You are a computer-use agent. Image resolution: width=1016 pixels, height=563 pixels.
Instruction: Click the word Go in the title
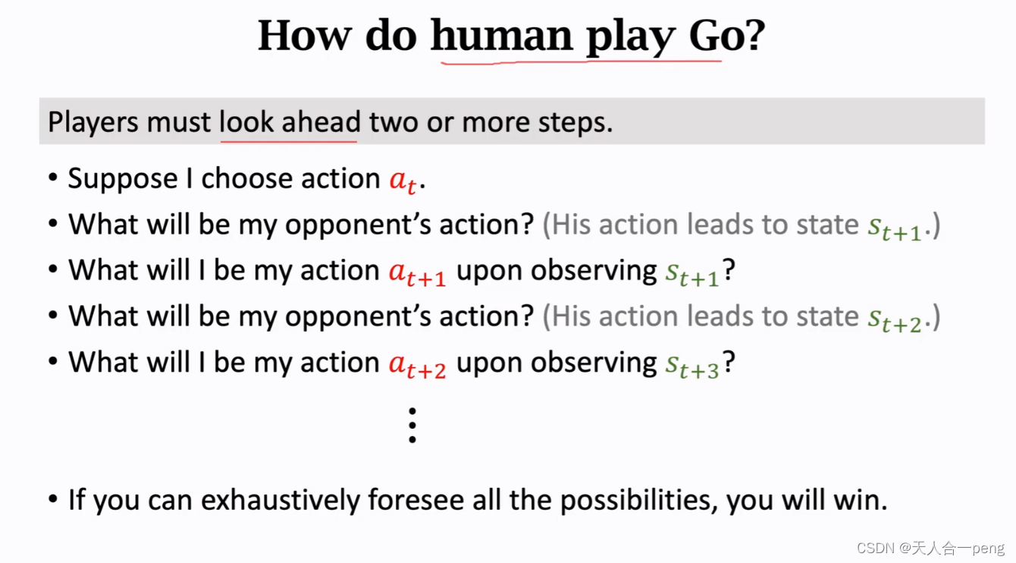(x=717, y=35)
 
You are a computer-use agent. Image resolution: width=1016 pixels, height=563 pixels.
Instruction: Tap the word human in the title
(x=501, y=35)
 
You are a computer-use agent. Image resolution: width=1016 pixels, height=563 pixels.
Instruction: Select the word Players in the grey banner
(x=93, y=122)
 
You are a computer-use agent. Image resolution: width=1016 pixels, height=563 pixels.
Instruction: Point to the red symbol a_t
(x=403, y=180)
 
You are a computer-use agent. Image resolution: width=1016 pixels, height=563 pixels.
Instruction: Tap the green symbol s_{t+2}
(x=895, y=319)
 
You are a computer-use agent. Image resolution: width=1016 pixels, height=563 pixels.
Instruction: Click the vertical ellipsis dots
(x=412, y=425)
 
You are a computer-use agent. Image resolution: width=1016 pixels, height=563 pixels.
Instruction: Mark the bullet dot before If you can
(x=53, y=501)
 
